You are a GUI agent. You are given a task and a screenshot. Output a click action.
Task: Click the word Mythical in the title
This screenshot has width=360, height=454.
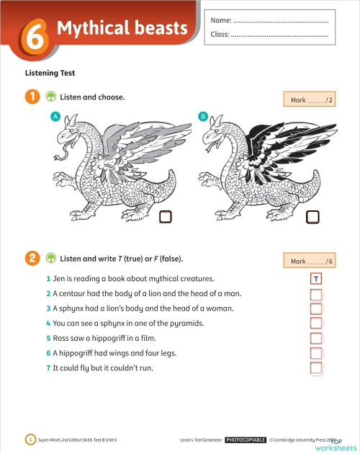(x=88, y=29)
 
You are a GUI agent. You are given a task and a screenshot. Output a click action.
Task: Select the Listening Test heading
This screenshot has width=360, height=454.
(x=50, y=73)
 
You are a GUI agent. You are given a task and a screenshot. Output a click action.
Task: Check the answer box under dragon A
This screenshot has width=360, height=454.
(x=165, y=216)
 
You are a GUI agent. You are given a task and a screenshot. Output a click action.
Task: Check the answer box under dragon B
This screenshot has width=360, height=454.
(x=312, y=216)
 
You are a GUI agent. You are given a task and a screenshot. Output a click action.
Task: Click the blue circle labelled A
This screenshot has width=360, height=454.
(x=55, y=116)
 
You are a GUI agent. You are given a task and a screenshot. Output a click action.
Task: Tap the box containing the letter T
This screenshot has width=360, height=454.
(x=315, y=279)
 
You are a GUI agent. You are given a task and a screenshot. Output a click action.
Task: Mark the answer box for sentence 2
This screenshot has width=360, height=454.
(x=315, y=294)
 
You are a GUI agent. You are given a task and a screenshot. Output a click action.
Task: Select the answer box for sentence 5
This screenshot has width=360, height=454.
(x=315, y=339)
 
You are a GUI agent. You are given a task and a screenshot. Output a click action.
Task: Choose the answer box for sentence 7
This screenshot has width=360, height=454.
(x=315, y=368)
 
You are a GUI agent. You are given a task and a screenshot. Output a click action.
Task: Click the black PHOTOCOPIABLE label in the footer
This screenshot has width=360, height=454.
(x=246, y=439)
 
